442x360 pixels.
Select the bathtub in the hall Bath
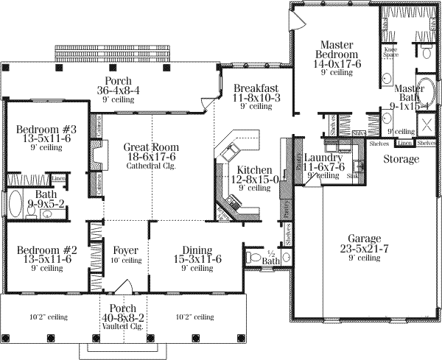(x=17, y=202)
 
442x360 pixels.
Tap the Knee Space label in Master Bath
(x=390, y=52)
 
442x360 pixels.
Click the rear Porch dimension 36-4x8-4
(x=118, y=91)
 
